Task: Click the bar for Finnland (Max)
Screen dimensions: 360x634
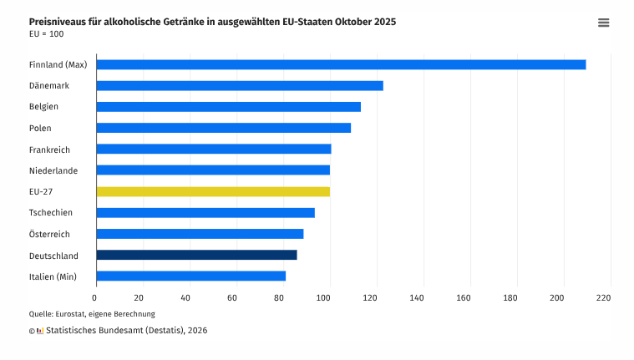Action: tap(341, 64)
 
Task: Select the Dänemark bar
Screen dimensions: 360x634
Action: tap(240, 85)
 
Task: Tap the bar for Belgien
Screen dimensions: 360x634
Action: tap(228, 106)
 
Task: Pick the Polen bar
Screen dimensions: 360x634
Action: tap(223, 128)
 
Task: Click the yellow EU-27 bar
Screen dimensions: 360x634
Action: tap(213, 191)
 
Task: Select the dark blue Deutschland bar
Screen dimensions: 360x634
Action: tap(196, 255)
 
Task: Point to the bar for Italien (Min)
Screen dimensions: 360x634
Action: tap(190, 276)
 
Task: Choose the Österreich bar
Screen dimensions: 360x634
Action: tap(200, 234)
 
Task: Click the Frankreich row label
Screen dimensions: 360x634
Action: tap(49, 150)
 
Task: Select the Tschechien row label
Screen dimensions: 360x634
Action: tap(50, 213)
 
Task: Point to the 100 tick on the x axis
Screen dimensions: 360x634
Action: tap(330, 297)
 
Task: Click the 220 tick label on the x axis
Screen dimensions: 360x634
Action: tap(604, 297)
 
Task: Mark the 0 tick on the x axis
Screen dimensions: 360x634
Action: tap(95, 297)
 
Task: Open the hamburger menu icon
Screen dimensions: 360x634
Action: tap(604, 23)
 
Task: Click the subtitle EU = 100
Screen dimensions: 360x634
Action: tap(46, 34)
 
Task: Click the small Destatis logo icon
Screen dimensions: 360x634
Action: tap(40, 331)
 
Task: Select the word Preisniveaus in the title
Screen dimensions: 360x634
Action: tap(58, 21)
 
